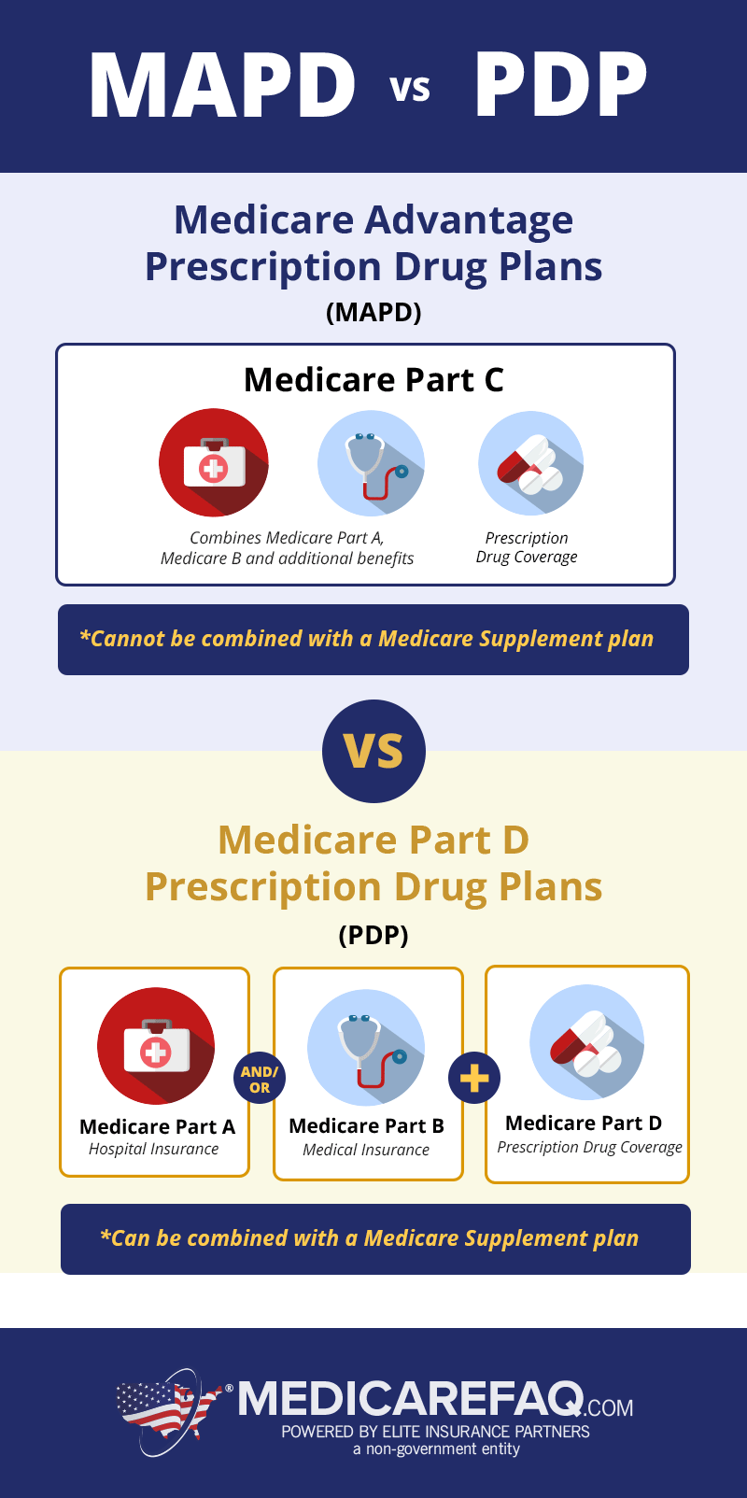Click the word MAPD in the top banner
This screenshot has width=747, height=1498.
[x=222, y=86]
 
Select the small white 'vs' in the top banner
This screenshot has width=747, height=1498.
[x=411, y=89]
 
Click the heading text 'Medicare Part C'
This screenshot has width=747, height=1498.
[x=373, y=380]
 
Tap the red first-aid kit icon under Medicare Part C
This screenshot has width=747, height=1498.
[x=213, y=462]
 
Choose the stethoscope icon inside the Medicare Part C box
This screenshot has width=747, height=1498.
[x=371, y=463]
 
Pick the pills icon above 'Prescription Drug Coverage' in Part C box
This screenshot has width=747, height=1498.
[x=531, y=463]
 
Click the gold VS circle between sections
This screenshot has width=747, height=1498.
[x=373, y=751]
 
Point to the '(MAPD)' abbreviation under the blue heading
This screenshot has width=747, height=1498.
[x=373, y=312]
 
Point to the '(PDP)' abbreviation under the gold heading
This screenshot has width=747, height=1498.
[x=373, y=935]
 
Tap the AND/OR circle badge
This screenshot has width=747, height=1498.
[x=260, y=1080]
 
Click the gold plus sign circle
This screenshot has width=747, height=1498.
[x=474, y=1078]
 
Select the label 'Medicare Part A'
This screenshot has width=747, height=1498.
[x=157, y=1127]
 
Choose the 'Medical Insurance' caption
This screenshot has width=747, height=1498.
[x=366, y=1150]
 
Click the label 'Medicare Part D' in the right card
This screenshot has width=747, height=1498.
[x=584, y=1123]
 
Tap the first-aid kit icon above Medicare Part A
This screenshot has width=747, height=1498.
[x=156, y=1046]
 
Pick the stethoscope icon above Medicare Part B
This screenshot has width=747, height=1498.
[x=366, y=1047]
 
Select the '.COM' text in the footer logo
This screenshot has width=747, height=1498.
[x=609, y=1407]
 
